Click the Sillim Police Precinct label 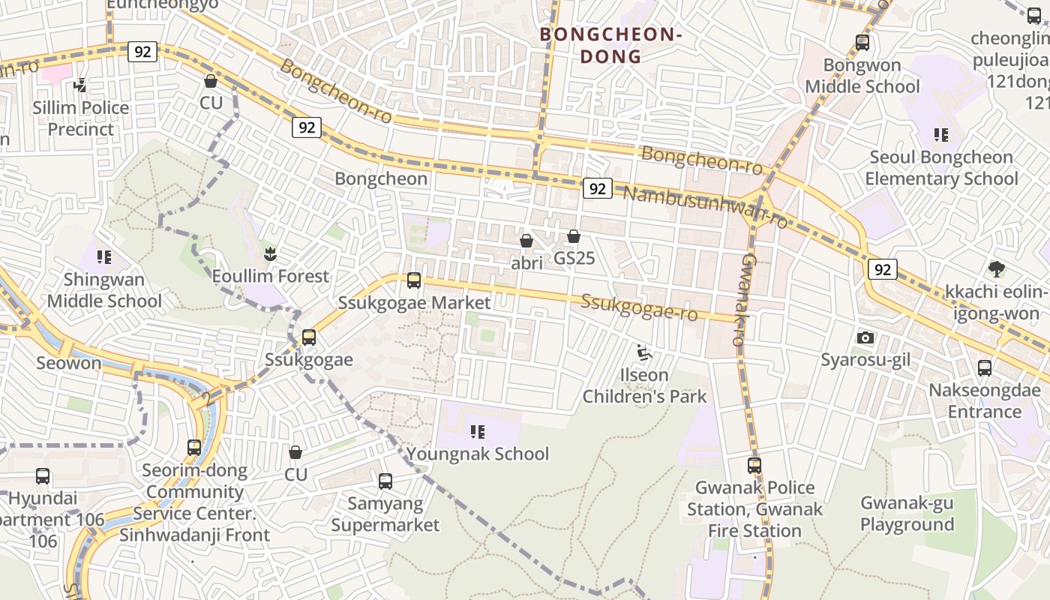pos(81,118)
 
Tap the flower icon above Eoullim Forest pos(270,253)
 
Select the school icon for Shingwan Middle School pos(104,257)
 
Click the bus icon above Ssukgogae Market pos(413,280)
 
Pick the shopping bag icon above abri pos(526,241)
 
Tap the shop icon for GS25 pos(574,236)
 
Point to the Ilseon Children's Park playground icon pos(643,352)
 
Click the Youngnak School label pos(478,454)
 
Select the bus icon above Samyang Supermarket pos(385,481)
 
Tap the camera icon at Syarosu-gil pos(865,337)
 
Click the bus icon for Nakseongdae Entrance pos(985,368)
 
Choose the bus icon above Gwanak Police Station pos(754,465)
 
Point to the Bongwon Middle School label pos(862,76)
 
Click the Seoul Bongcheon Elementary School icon pos(941,135)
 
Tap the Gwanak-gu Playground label pos(907,514)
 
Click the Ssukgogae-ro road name pos(640,307)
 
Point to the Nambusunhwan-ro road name pos(705,208)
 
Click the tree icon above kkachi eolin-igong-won pos(996,268)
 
